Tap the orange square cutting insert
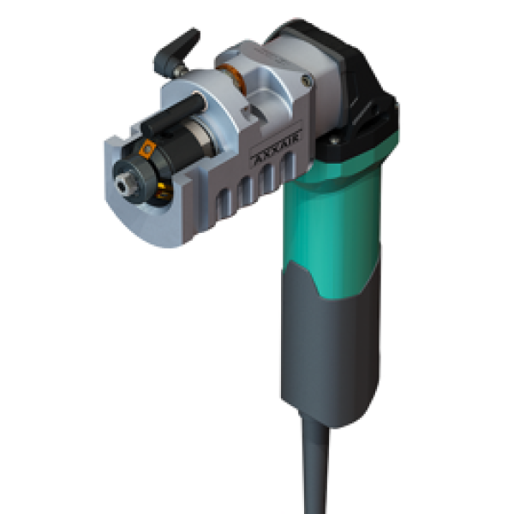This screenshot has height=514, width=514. click(147, 149)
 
